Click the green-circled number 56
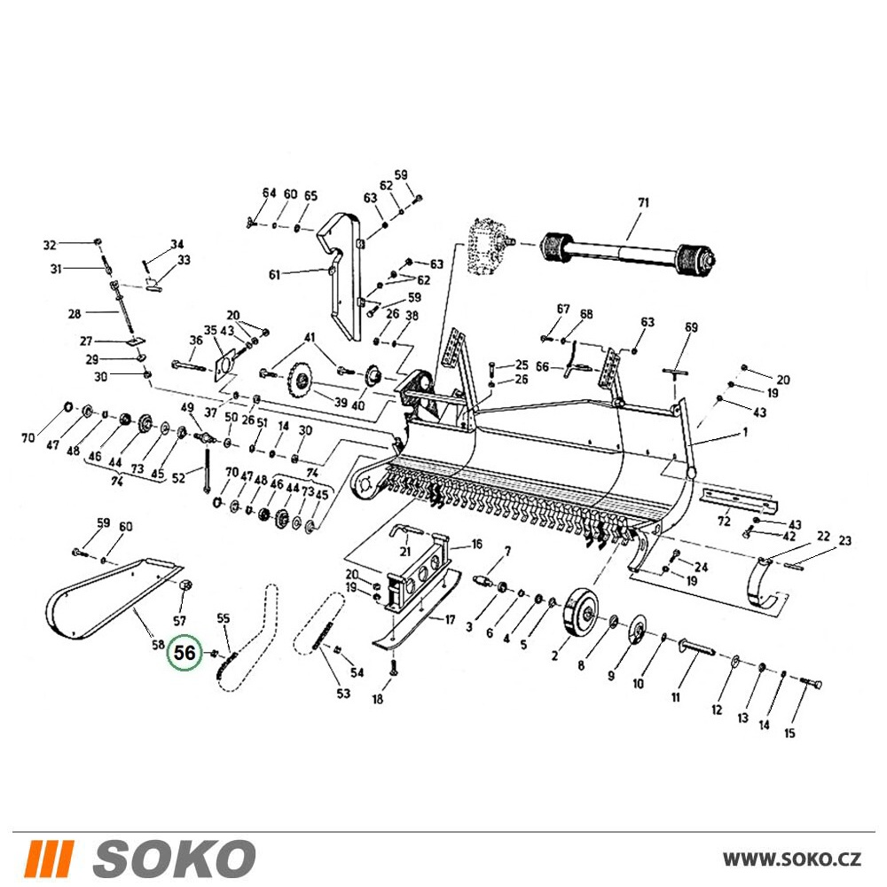pos(184,653)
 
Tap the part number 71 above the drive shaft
pos(643,202)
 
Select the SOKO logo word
pos(174,858)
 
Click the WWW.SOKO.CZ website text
pos(792,859)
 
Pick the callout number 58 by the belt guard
pos(159,644)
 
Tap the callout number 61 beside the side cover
pos(274,276)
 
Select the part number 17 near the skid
pos(450,620)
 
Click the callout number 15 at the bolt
pos(789,734)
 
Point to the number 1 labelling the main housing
pos(745,432)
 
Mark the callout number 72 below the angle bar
pos(724,521)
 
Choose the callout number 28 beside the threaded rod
pos(75,313)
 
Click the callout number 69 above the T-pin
pos(691,327)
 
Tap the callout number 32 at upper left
pos(50,245)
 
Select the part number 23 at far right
pos(844,541)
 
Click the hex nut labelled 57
pos(185,586)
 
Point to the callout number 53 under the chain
pos(343,693)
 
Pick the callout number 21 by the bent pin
pos(405,552)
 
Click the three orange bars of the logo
pos(50,858)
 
